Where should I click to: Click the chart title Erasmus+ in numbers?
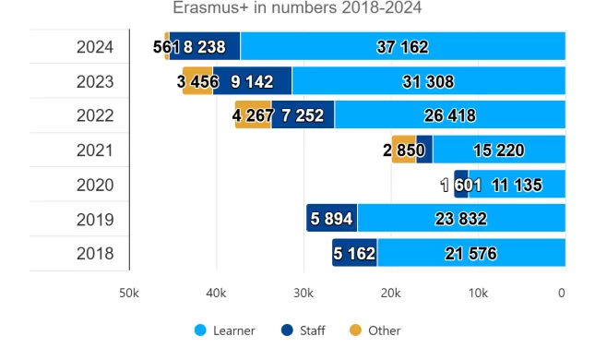[x=297, y=9]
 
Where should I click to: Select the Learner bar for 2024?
[x=402, y=46]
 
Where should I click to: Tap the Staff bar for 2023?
[x=252, y=81]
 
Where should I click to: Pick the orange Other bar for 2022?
[x=253, y=115]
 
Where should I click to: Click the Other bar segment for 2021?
[x=403, y=150]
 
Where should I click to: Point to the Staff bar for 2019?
[x=332, y=219]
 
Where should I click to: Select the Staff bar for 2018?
[x=355, y=253]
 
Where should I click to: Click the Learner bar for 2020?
[x=517, y=185]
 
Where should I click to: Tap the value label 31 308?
[x=428, y=81]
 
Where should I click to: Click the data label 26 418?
[x=449, y=115]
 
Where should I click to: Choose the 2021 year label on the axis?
[x=95, y=150]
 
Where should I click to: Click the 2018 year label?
[x=95, y=253]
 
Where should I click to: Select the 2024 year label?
[x=95, y=46]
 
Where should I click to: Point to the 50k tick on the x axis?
[x=128, y=294]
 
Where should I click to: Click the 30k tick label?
[x=303, y=294]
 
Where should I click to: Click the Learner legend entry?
[x=225, y=330]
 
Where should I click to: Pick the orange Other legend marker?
[x=355, y=330]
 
